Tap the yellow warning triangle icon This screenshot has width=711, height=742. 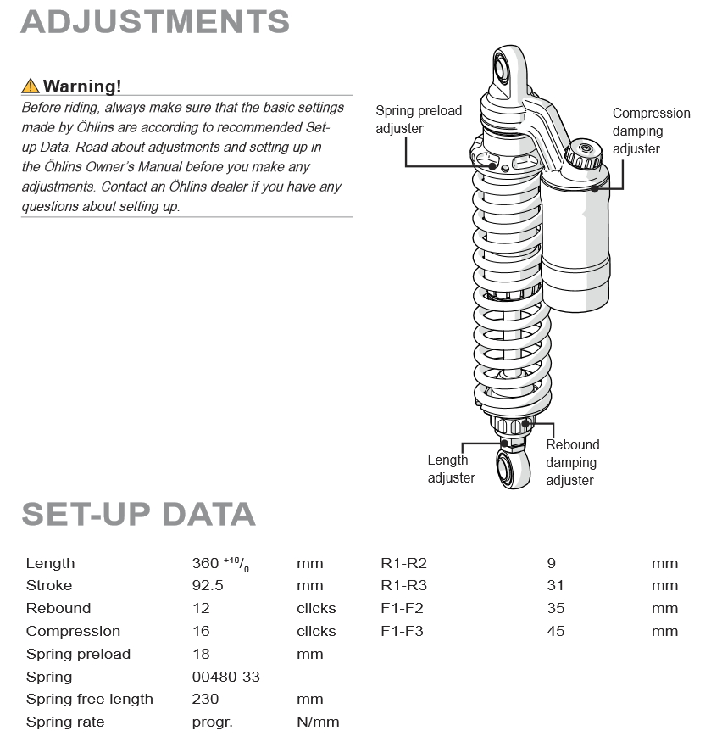[x=31, y=86]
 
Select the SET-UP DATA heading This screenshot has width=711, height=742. [x=138, y=514]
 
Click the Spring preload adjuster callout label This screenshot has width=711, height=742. [x=419, y=120]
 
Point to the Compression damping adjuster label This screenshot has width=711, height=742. [x=651, y=131]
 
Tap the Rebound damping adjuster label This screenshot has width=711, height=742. [x=572, y=462]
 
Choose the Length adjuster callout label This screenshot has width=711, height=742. [x=450, y=469]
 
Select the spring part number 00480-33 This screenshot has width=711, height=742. [x=226, y=677]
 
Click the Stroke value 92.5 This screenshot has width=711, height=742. [x=208, y=585]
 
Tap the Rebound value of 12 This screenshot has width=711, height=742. [x=201, y=608]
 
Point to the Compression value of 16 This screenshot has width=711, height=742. [x=201, y=631]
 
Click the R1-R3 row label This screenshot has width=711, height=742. [x=403, y=585]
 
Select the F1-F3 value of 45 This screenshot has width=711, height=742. [x=556, y=631]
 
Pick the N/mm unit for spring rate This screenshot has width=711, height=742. [x=318, y=722]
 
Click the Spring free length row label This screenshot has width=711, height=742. [x=90, y=700]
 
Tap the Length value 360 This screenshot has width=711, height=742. [x=206, y=563]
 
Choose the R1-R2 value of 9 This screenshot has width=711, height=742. [x=552, y=563]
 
